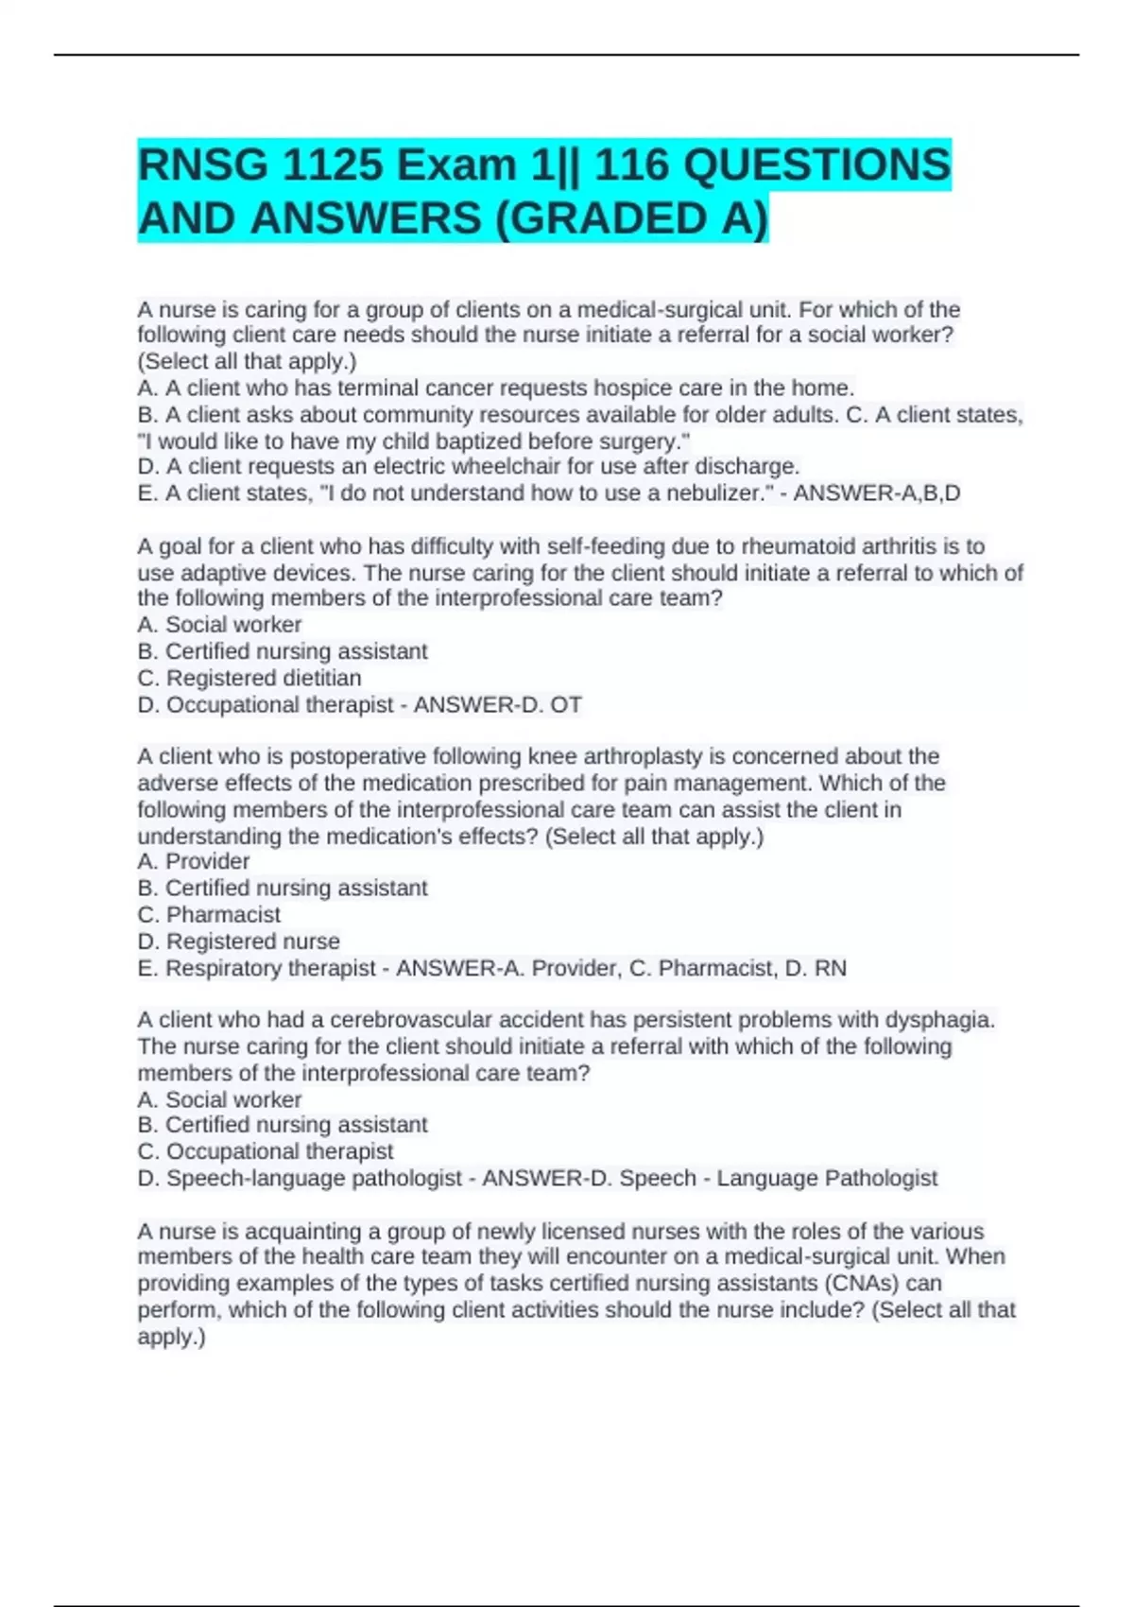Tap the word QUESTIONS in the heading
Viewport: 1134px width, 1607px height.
[816, 166]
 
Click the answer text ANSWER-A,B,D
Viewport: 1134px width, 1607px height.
[877, 493]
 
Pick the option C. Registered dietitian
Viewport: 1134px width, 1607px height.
[249, 678]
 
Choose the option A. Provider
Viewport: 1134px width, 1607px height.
[194, 861]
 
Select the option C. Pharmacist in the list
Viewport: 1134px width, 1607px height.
[209, 915]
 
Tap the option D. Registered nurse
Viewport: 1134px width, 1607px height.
[238, 942]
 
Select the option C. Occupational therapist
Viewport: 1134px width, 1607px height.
[266, 1151]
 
